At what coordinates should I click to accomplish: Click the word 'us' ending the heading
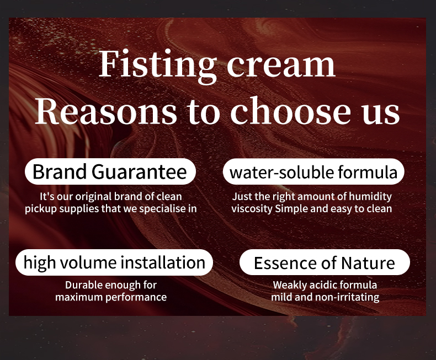pos(381,112)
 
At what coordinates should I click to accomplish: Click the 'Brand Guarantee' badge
pos(110,172)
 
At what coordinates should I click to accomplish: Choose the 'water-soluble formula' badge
pos(313,173)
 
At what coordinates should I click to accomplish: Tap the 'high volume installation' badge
pos(114,262)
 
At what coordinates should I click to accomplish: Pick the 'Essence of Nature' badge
pos(324,262)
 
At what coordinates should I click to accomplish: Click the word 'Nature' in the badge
pos(368,262)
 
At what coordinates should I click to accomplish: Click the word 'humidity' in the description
pos(371,197)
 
